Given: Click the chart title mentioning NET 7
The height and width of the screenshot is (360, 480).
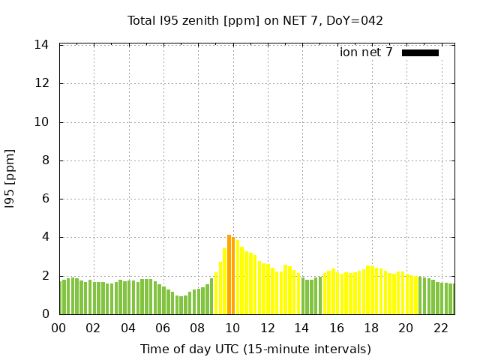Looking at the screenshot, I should [255, 20].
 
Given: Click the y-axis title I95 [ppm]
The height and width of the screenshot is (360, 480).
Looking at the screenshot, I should [10, 180].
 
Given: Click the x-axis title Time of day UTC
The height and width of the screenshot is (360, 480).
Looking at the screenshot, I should [255, 349].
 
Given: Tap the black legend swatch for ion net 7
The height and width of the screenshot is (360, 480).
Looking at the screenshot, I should [420, 52].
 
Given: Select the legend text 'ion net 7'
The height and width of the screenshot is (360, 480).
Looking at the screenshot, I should [366, 52].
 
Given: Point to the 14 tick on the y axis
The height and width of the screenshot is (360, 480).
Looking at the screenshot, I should [42, 45].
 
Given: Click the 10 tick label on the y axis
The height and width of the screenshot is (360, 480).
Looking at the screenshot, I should [42, 122].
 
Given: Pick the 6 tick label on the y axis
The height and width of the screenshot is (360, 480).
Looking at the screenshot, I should [45, 199].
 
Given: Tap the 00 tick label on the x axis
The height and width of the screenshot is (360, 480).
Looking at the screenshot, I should [58, 328].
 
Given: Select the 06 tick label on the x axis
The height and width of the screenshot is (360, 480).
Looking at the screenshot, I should [163, 328].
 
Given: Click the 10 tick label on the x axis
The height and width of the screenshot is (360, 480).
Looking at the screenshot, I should [232, 328].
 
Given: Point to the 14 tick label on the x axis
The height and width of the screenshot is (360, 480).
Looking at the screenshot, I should [301, 328].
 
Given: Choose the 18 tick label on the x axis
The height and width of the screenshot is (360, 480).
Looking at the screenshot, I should [371, 328].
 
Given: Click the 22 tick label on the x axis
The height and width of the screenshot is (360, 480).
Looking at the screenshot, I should [441, 328].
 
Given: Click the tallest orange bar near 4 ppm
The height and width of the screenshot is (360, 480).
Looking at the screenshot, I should [229, 274].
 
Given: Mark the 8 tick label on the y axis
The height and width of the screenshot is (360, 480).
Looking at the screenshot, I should [45, 160].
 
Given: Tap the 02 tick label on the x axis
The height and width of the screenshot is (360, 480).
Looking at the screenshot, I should [93, 328].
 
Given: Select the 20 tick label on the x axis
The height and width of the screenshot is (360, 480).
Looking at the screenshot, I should [406, 328].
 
